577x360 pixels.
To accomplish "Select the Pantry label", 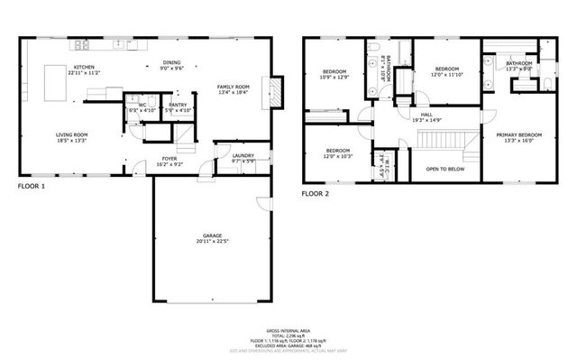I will pyautogui.click(x=178, y=105).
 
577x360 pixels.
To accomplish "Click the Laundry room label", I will pyautogui.click(x=243, y=155).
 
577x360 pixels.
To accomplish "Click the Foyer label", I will pyautogui.click(x=170, y=159).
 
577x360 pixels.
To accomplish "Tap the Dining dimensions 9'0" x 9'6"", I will pyautogui.click(x=172, y=69).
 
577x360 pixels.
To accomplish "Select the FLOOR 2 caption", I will pyautogui.click(x=316, y=193).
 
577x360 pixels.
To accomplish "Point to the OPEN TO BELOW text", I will pyautogui.click(x=445, y=168).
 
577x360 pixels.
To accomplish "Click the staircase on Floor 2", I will pyautogui.click(x=441, y=141).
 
